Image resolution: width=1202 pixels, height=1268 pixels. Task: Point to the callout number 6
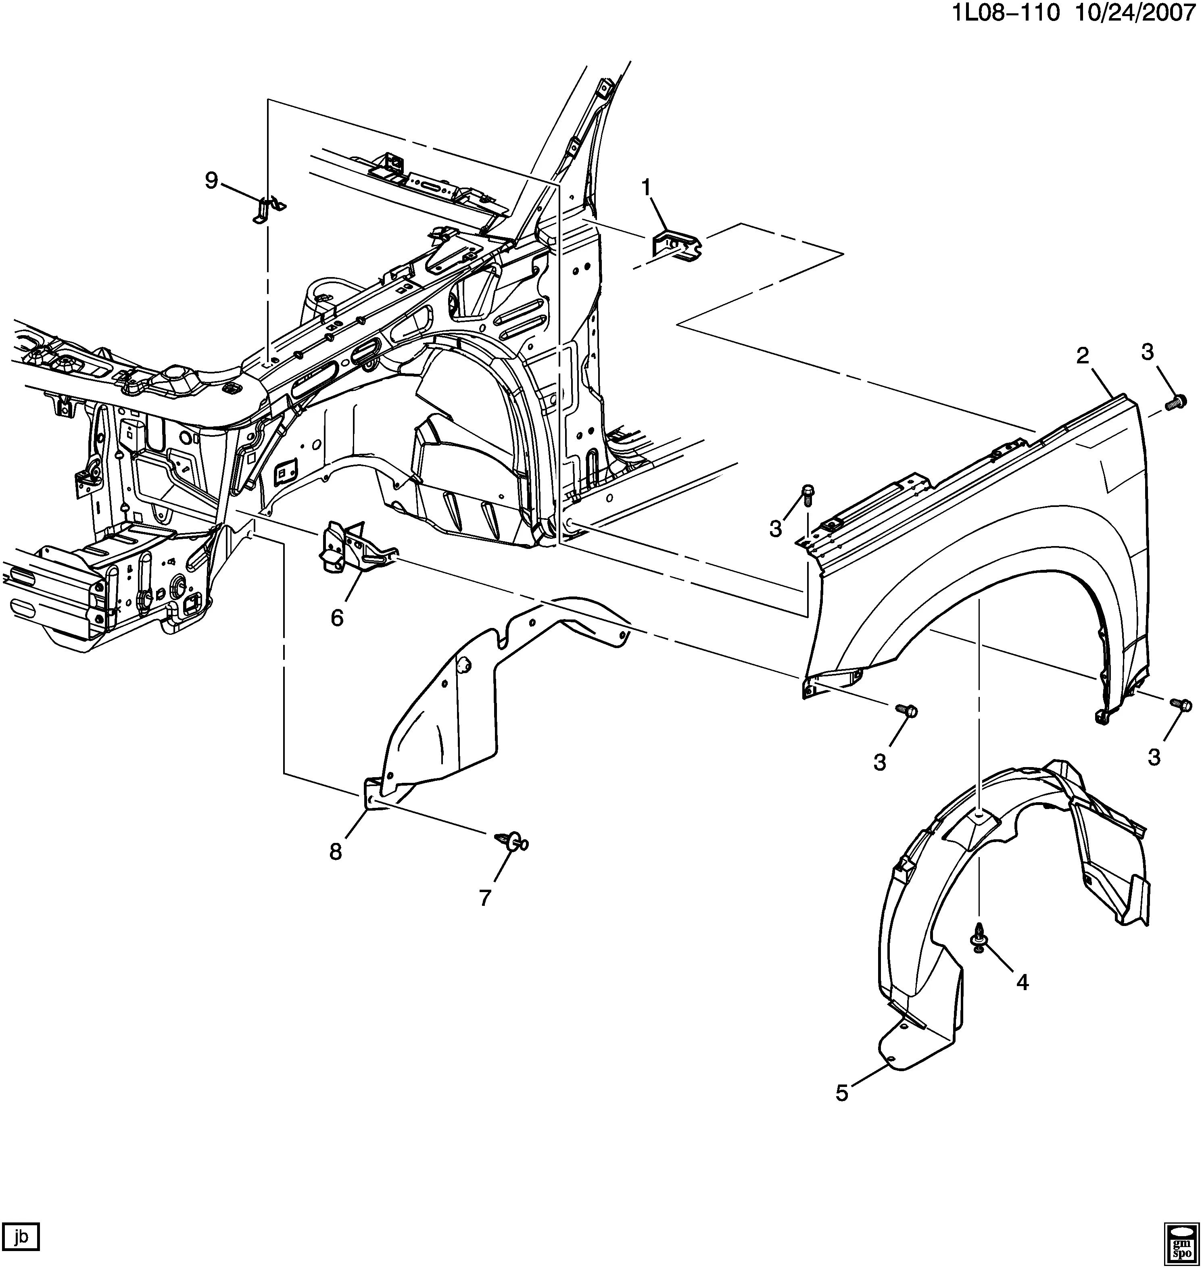[x=337, y=617]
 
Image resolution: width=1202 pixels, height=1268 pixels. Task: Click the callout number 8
[x=336, y=851]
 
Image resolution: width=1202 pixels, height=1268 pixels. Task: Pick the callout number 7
[x=484, y=898]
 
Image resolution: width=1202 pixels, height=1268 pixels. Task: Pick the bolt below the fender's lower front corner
[x=906, y=709]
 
